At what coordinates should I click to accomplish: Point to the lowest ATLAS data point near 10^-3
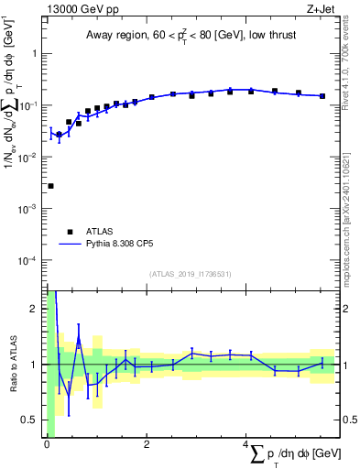pyautogui.click(x=50, y=186)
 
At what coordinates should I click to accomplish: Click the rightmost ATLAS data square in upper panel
pyautogui.click(x=322, y=95)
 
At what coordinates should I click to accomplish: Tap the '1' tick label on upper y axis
pyautogui.click(x=35, y=53)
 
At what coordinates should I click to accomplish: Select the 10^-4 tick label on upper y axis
pyautogui.click(x=27, y=261)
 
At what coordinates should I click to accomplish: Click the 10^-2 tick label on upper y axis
pyautogui.click(x=27, y=158)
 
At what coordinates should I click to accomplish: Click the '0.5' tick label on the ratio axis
pyautogui.click(x=30, y=420)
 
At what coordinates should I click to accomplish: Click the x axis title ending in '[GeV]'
pyautogui.click(x=293, y=454)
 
